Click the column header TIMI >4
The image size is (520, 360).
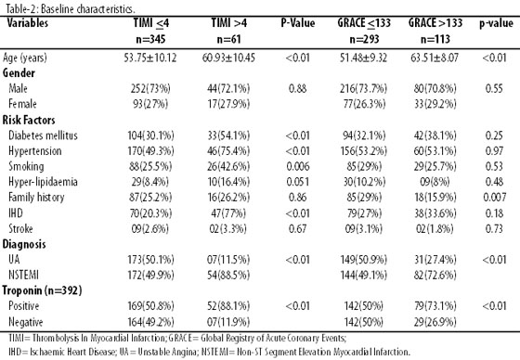228,23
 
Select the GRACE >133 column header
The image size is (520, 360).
435,23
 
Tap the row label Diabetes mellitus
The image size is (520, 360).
43,135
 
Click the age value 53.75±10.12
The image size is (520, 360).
150,58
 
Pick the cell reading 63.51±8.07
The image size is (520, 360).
435,58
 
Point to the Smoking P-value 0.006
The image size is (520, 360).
298,166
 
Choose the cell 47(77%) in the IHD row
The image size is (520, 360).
228,213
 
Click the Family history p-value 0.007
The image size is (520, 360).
494,198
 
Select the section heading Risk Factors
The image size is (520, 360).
29,120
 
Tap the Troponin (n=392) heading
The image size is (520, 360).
42,290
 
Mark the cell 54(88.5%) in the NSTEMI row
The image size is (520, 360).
228,276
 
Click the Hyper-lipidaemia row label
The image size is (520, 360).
43,182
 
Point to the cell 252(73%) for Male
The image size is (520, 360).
150,88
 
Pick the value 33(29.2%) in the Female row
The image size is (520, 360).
435,104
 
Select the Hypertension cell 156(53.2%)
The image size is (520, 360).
364,151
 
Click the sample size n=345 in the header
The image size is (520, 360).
150,40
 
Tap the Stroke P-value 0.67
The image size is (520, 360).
297,229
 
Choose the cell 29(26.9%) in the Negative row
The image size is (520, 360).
435,322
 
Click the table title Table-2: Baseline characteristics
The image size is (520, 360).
71,9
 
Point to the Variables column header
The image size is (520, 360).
28,23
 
